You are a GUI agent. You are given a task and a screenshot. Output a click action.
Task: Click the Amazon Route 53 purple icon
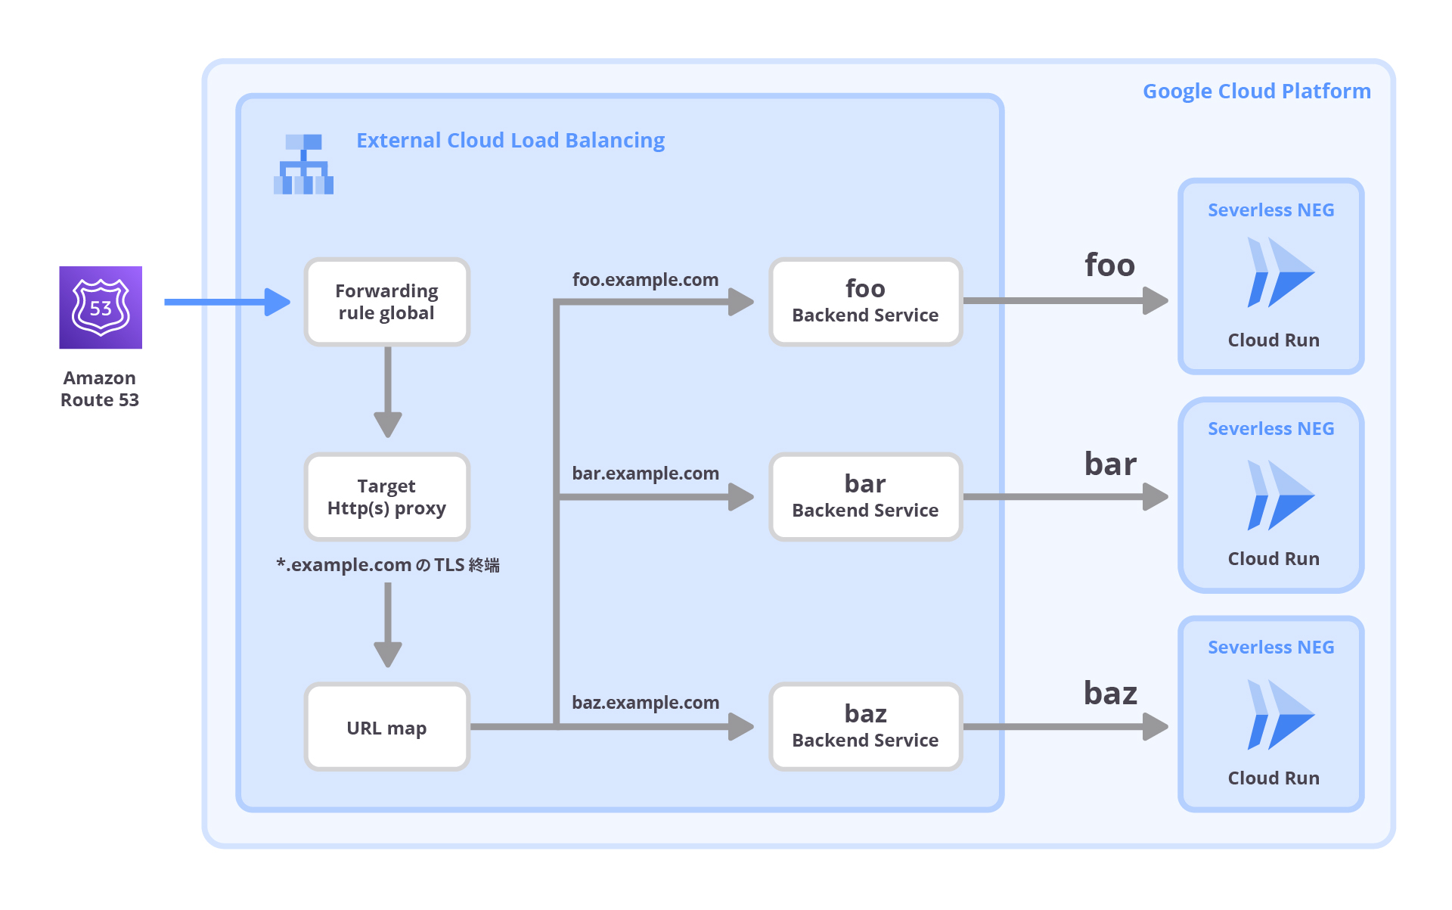[x=101, y=307]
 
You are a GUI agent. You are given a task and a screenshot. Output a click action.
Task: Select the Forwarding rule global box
[x=386, y=302]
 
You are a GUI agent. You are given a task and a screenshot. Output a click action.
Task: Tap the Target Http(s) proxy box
[x=386, y=497]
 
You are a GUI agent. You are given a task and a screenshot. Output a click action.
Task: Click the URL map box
[x=386, y=728]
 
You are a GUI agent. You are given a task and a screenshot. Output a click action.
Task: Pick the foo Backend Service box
[x=865, y=302]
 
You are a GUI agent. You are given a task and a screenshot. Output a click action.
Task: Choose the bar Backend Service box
[x=865, y=497]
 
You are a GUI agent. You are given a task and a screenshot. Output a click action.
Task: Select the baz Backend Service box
[x=865, y=727]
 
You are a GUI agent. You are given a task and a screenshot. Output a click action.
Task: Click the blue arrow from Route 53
[x=227, y=302]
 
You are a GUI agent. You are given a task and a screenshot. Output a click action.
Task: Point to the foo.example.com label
[x=645, y=280]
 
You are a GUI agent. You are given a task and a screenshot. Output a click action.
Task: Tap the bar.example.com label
[x=645, y=474]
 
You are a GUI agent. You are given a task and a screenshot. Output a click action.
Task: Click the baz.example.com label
[x=645, y=703]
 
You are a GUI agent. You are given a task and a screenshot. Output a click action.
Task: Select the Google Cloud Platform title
[x=1256, y=92]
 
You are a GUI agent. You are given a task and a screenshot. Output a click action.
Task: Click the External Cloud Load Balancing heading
[x=510, y=141]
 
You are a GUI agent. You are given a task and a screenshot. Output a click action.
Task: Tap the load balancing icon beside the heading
[x=303, y=164]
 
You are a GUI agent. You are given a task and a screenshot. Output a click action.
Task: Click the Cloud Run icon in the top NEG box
[x=1280, y=272]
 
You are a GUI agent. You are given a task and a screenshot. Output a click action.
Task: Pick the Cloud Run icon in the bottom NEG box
[x=1280, y=715]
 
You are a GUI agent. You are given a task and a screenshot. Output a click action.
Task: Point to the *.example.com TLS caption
[x=387, y=565]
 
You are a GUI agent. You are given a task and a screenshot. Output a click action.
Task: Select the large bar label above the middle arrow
[x=1110, y=464]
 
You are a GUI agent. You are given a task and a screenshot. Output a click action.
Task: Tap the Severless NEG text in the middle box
[x=1270, y=429]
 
